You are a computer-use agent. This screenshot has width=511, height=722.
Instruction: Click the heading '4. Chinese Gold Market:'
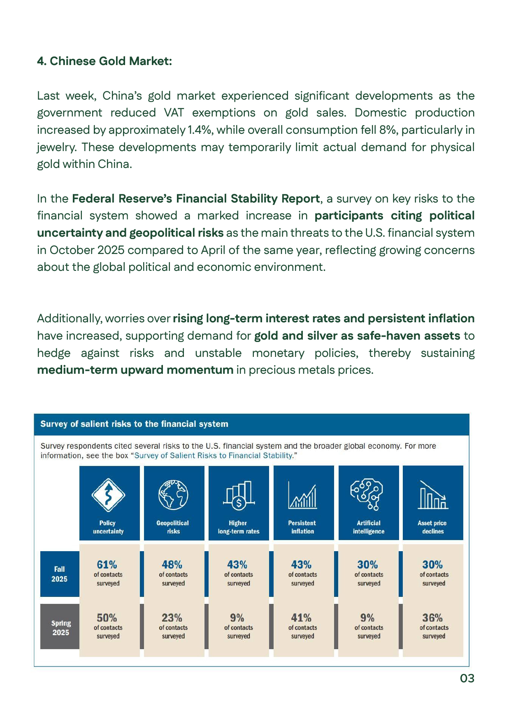click(x=105, y=61)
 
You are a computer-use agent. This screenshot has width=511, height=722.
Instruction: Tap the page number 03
click(x=467, y=678)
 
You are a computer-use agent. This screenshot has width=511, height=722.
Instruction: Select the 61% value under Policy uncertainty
click(x=107, y=564)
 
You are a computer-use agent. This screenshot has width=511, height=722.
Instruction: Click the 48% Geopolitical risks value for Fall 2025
click(x=172, y=564)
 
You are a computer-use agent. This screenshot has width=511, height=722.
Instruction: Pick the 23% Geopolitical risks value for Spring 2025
click(x=172, y=618)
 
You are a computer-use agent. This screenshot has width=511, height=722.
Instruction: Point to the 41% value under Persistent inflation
click(x=301, y=618)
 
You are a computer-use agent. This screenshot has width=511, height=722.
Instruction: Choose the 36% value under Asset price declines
click(x=432, y=618)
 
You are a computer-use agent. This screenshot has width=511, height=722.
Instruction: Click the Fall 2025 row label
click(x=59, y=574)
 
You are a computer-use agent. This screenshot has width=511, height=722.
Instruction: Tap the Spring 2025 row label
click(x=60, y=628)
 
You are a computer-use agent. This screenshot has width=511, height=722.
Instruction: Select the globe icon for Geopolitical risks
click(x=173, y=495)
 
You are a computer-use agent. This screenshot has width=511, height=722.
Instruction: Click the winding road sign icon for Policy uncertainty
click(x=108, y=495)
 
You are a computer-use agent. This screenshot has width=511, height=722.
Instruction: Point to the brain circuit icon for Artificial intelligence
click(x=367, y=494)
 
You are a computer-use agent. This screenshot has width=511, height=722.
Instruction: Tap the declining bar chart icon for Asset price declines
click(x=433, y=495)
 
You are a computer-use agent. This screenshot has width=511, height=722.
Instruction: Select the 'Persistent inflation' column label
click(x=302, y=527)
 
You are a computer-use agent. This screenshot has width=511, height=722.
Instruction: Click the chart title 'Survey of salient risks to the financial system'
click(x=134, y=424)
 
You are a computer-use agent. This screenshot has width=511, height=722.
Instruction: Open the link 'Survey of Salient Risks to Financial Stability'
click(x=214, y=455)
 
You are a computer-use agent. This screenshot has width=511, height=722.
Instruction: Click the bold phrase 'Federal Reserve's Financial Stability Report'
click(x=196, y=198)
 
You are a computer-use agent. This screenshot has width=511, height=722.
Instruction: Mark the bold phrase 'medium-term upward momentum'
click(x=135, y=370)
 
